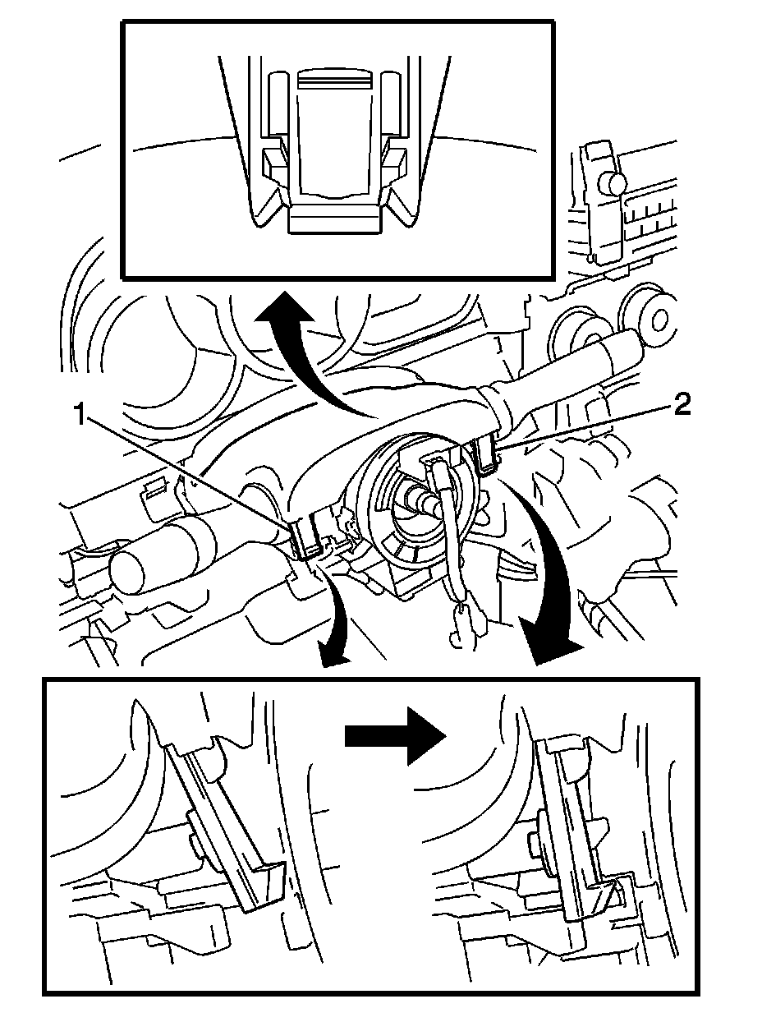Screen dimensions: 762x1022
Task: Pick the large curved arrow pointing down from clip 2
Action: pos(549,573)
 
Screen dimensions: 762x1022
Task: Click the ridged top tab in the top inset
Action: pos(334,78)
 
